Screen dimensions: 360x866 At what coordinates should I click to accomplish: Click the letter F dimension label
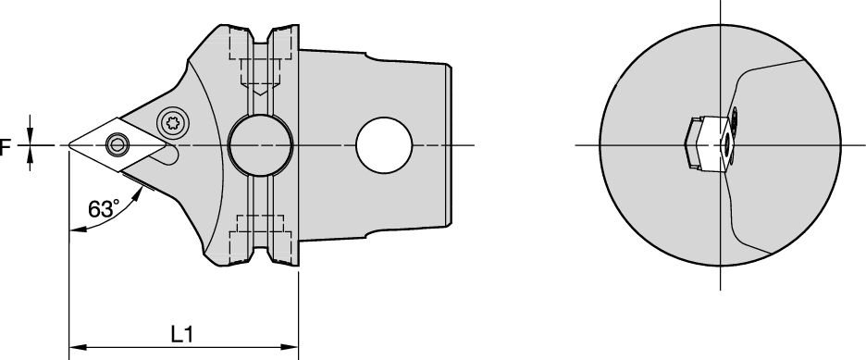[6, 146]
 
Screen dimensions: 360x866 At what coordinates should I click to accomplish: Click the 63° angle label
[103, 209]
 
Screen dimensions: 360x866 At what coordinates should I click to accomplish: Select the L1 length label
[182, 332]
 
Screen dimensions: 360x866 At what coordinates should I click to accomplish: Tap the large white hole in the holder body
[383, 145]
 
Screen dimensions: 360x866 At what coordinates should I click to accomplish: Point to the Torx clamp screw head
[171, 121]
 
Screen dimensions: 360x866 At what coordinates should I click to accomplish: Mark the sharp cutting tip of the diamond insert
[70, 145]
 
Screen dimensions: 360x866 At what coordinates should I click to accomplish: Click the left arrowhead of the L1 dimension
[76, 348]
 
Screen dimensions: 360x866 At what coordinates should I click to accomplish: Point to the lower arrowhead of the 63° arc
[76, 230]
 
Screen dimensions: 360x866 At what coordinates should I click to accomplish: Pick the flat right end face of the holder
[451, 145]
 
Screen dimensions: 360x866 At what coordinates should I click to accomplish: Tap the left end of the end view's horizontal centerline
[576, 145]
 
